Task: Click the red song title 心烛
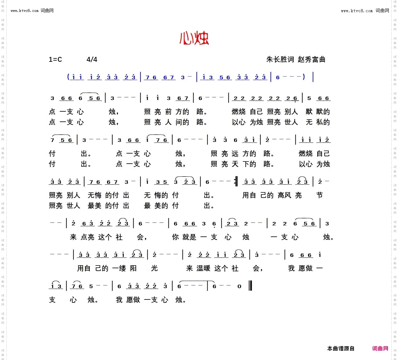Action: click(194, 38)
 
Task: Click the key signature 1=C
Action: click(55, 59)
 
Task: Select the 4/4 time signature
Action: click(92, 59)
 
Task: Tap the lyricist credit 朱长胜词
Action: click(280, 59)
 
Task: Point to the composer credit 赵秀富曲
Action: click(311, 59)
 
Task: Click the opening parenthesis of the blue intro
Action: click(68, 77)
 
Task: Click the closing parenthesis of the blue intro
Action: click(303, 77)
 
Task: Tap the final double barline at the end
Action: click(251, 286)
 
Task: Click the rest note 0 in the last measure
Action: click(239, 287)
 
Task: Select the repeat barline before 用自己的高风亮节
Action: click(236, 182)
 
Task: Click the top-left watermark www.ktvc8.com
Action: click(24, 11)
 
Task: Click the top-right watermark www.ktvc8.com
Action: click(357, 11)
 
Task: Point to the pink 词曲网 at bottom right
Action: click(380, 348)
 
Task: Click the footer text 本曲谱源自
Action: click(341, 348)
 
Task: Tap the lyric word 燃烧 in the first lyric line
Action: click(239, 112)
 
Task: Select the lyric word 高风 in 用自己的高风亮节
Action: click(284, 195)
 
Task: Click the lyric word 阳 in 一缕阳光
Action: click(133, 268)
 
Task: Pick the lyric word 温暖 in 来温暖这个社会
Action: click(203, 268)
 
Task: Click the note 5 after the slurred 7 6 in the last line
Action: click(91, 287)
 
